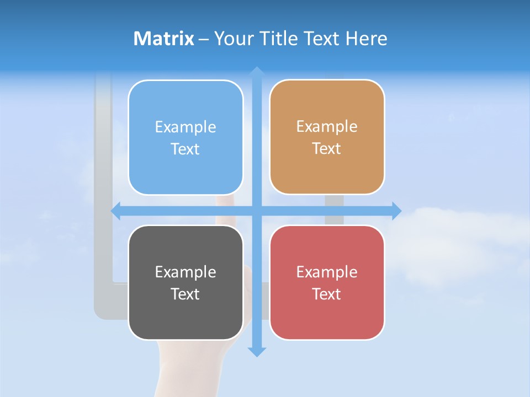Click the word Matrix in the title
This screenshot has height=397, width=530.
pos(163,39)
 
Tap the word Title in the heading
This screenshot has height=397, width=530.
pos(279,39)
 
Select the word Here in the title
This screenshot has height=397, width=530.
pos(366,39)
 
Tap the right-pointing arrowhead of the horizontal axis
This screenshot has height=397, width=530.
pos(396,211)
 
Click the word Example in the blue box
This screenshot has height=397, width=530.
pos(185,127)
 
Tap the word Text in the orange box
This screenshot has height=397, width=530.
pos(327,149)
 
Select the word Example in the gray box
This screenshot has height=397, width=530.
pos(185,272)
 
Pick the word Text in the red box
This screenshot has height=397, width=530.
pos(327,294)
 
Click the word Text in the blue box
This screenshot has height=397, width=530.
pos(185,149)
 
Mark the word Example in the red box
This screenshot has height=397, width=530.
pos(327,272)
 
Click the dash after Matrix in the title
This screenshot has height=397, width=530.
pos(204,39)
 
